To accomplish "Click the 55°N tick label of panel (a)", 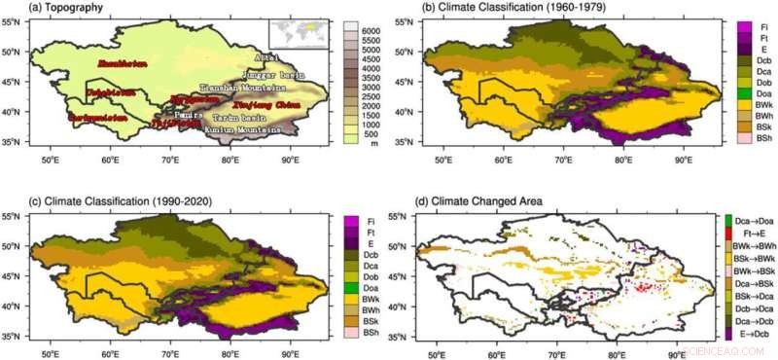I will pos(18,20).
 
